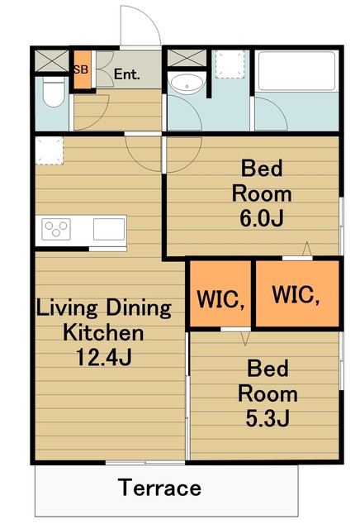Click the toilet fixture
click(54, 91)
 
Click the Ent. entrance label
click(126, 74)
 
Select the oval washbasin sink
click(187, 83)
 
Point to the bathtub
click(296, 71)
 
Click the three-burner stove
click(56, 229)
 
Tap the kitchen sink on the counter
click(109, 229)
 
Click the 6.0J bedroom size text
click(262, 218)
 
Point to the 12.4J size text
click(104, 357)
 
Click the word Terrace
click(159, 488)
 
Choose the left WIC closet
click(220, 293)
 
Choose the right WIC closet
click(297, 293)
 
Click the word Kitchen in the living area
click(103, 332)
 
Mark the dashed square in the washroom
click(230, 64)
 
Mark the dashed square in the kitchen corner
click(50, 150)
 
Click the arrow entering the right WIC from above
click(306, 249)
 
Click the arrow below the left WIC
click(245, 339)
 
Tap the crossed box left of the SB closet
click(52, 60)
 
